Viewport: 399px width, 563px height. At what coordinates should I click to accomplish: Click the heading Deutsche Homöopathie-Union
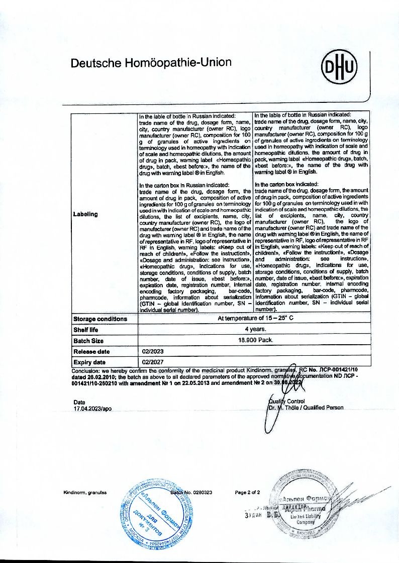[x=151, y=63]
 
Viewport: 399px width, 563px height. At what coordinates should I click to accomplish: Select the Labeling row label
[x=85, y=214]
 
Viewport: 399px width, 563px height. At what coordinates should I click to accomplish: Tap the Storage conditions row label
[x=100, y=319]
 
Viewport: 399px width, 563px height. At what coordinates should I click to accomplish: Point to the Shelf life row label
[x=86, y=330]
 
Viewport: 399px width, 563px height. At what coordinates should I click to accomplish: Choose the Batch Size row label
[x=87, y=341]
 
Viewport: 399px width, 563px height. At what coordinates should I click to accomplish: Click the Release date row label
[x=91, y=352]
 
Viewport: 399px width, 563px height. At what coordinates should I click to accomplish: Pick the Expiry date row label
[x=89, y=362]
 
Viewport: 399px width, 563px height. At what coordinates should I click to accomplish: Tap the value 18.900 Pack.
[x=255, y=340]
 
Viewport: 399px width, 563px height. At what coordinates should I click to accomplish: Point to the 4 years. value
[x=255, y=330]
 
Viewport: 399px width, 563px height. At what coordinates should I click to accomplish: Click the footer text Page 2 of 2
[x=247, y=492]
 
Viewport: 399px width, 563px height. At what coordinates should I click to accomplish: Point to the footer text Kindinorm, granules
[x=85, y=492]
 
